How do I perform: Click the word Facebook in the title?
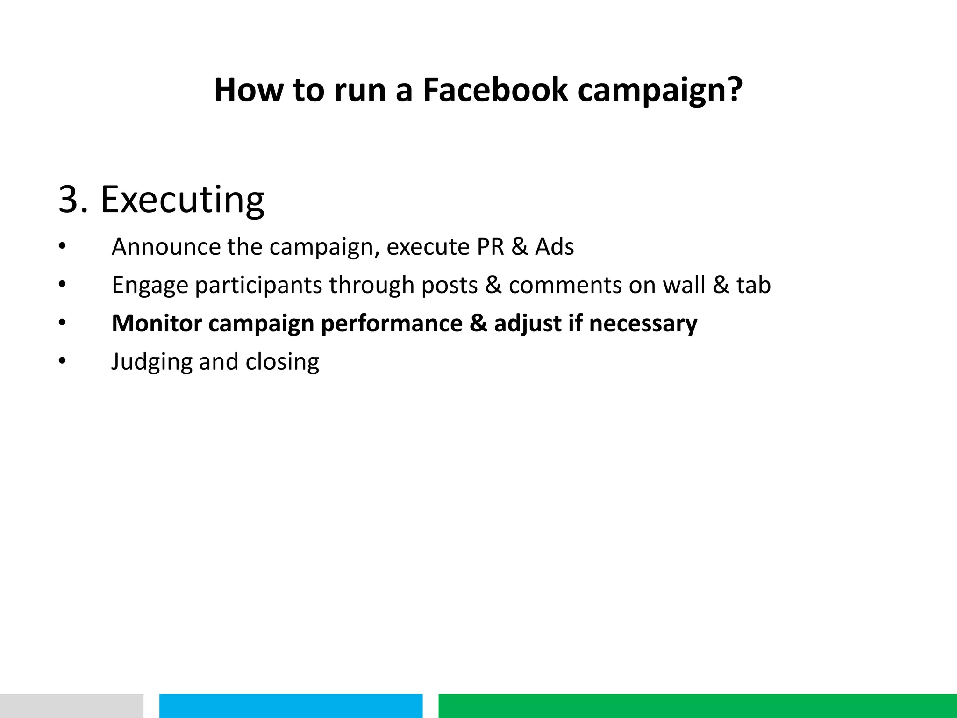(495, 90)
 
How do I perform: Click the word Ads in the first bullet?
(554, 247)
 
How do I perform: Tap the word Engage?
(150, 286)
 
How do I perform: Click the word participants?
(258, 286)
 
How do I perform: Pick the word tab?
(753, 285)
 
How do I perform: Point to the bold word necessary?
(643, 324)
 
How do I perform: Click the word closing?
(282, 362)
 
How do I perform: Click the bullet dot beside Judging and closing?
(63, 361)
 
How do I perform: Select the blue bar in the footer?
(291, 706)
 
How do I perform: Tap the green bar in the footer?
(697, 706)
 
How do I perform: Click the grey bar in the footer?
(71, 706)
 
